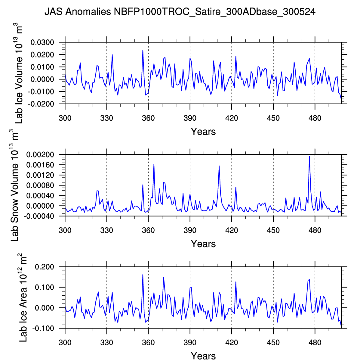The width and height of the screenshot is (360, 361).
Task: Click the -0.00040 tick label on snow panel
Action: pos(39,216)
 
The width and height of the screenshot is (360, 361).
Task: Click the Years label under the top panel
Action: pos(203,132)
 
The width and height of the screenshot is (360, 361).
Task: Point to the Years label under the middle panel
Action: pos(203,244)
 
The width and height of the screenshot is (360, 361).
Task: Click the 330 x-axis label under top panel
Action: pos(106,118)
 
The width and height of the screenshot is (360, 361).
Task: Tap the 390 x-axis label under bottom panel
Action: pos(190,342)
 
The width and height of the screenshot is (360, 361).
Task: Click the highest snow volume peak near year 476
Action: pos(309,156)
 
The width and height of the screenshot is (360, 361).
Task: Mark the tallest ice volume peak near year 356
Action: pos(143,50)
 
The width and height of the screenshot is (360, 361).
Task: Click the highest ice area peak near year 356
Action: pos(143,275)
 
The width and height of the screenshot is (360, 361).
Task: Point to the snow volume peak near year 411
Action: pos(219,166)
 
